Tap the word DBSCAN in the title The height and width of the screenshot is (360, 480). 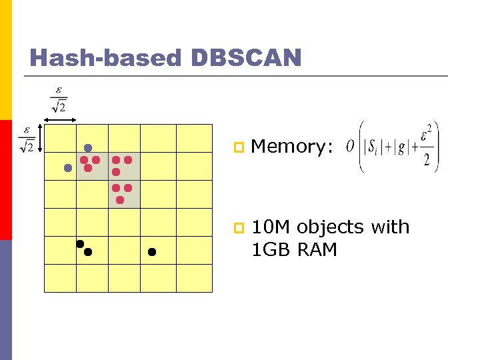(246, 58)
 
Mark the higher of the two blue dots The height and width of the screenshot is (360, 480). (87, 147)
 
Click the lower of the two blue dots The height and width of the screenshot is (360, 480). (67, 169)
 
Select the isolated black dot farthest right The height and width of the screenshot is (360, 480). (151, 252)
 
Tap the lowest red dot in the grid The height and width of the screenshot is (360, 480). (120, 199)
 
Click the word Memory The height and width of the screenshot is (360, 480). (291, 147)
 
